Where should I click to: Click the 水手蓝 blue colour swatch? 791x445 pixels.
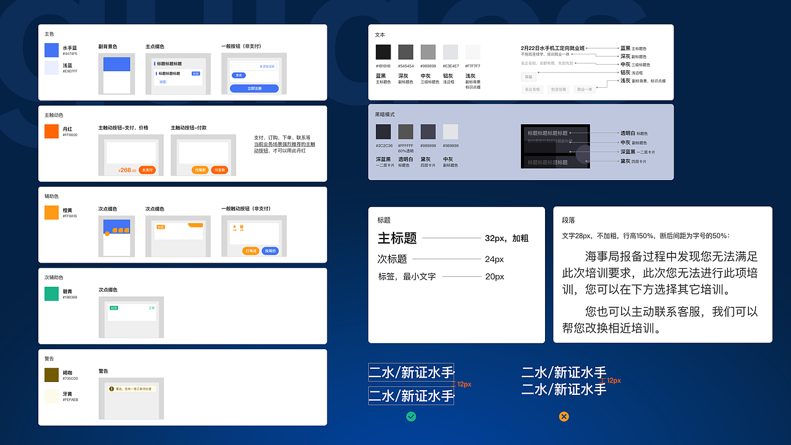click(51, 50)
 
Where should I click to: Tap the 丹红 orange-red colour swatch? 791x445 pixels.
click(51, 131)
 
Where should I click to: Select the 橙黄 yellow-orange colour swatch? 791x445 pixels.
click(51, 213)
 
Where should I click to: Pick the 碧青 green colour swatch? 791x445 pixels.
click(51, 294)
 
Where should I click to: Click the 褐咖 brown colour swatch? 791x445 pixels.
click(51, 375)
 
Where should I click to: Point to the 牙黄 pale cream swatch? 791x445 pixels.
click(51, 396)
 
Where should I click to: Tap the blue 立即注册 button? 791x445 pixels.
click(254, 88)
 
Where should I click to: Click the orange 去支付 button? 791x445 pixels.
click(147, 170)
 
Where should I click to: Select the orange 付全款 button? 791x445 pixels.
click(219, 170)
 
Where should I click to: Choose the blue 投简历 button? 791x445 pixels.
click(270, 251)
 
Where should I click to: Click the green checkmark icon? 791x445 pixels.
click(411, 417)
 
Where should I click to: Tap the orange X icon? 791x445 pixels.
click(564, 417)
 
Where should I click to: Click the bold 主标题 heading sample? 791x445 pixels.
click(397, 238)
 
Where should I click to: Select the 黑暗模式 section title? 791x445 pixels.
click(384, 114)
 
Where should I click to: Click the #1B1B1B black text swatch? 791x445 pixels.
click(383, 52)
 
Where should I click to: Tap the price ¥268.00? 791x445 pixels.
click(127, 170)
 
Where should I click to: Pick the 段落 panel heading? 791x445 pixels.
click(569, 220)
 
